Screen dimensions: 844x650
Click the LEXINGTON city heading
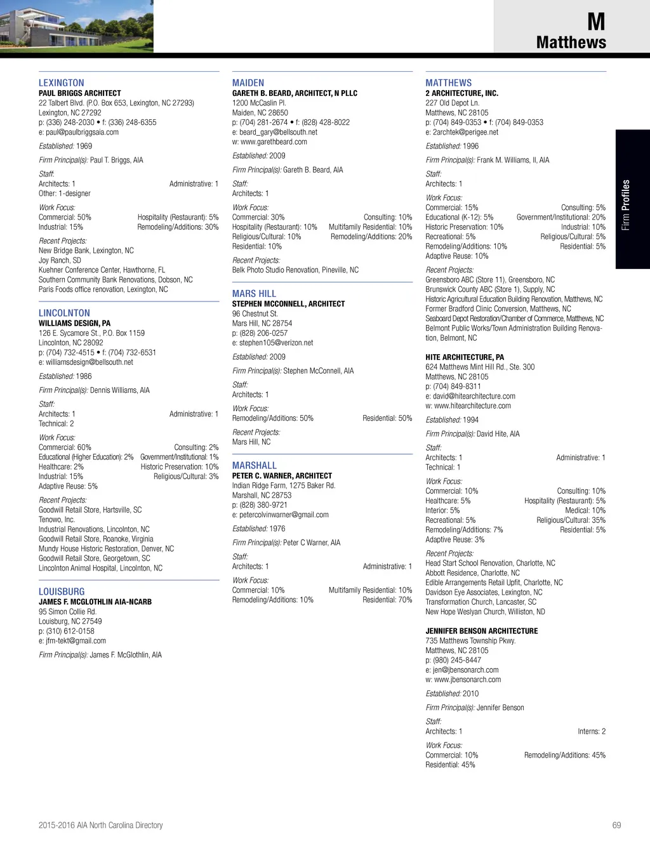pyautogui.click(x=61, y=83)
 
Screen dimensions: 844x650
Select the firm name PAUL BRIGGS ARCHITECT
pyautogui.click(x=79, y=93)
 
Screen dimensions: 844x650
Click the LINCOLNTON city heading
pyautogui.click(x=64, y=313)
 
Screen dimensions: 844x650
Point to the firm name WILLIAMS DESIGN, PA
pyautogui.click(x=74, y=323)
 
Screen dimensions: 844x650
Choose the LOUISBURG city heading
pyautogui.click(x=62, y=592)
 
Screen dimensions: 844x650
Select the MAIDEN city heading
pyautogui.click(x=248, y=83)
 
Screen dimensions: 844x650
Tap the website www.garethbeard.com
pyautogui.click(x=273, y=142)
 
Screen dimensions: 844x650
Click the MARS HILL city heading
pyautogui.click(x=254, y=294)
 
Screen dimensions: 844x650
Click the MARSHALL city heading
pyautogui.click(x=255, y=466)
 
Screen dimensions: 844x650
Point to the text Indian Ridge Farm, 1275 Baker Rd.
pyautogui.click(x=284, y=485)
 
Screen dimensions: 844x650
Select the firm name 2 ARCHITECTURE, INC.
pyautogui.click(x=461, y=93)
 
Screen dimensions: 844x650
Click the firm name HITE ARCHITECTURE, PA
pyautogui.click(x=465, y=357)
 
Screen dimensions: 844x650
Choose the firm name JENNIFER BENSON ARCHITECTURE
pyautogui.click(x=481, y=631)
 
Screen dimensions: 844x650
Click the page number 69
pyautogui.click(x=616, y=826)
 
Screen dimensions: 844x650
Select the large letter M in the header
pyautogui.click(x=596, y=22)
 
